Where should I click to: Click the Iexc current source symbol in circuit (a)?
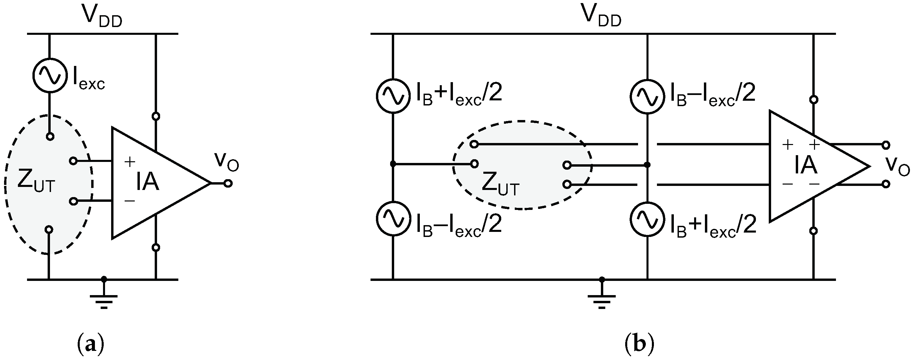[x=50, y=75]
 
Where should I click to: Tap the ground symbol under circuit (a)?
[x=104, y=300]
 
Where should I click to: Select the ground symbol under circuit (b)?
[x=601, y=300]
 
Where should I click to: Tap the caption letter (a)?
[x=91, y=344]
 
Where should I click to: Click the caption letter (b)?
[x=639, y=344]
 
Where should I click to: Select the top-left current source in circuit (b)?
[x=393, y=96]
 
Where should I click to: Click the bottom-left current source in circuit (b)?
[x=393, y=218]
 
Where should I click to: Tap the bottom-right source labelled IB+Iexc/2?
[x=647, y=219]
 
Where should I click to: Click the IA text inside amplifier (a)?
[x=147, y=182]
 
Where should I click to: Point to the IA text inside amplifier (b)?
[x=806, y=166]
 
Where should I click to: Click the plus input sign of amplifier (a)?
[x=130, y=162]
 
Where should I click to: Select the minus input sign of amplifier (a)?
[x=130, y=201]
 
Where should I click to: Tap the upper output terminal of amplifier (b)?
[x=886, y=145]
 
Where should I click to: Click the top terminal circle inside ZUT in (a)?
[x=50, y=137]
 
